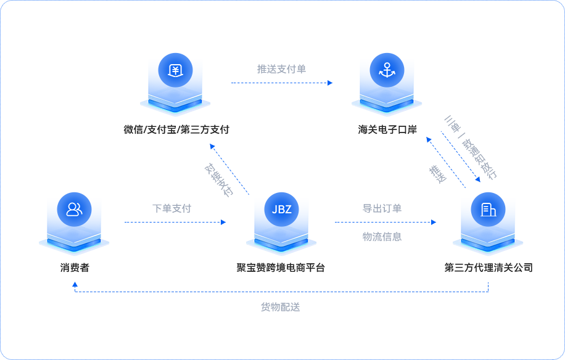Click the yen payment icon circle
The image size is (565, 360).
[175, 70]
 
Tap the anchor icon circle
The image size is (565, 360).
[387, 70]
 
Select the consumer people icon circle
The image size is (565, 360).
[74, 209]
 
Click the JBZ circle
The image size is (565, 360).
[281, 209]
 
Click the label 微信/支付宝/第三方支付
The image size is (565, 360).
[176, 129]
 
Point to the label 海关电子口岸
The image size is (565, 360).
[387, 129]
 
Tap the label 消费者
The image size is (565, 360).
[75, 268]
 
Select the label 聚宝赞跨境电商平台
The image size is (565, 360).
[281, 268]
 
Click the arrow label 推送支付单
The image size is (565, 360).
[281, 69]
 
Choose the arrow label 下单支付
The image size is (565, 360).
[172, 208]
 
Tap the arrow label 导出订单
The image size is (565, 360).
[382, 208]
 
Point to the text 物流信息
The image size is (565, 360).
[382, 236]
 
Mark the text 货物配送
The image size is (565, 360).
[281, 306]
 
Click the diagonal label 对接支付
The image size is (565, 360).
[219, 179]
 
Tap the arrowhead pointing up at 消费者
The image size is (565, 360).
[75, 285]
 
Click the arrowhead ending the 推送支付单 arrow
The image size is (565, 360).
[330, 83]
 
